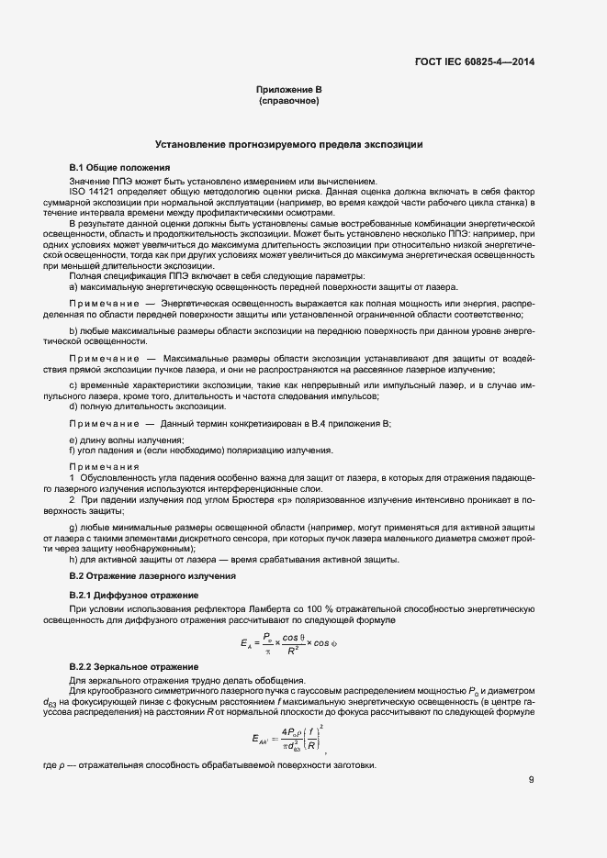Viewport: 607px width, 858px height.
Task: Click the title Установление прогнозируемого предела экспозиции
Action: click(288, 145)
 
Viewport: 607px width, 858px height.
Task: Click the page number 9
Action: click(532, 781)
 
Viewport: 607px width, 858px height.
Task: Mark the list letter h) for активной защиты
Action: click(73, 561)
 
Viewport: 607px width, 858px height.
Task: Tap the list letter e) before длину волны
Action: click(73, 440)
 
